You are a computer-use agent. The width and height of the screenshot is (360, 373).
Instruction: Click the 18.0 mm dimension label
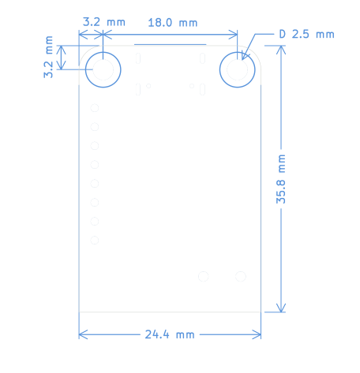[x=173, y=23]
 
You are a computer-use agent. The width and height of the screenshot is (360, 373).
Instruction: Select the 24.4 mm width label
[x=170, y=334]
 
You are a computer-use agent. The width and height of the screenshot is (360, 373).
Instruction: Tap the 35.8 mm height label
[x=281, y=179]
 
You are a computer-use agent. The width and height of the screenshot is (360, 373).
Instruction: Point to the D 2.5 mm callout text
[x=307, y=34]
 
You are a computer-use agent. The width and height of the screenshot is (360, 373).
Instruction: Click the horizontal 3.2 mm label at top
[x=104, y=22]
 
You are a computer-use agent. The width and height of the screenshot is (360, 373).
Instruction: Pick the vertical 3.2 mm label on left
[x=48, y=57]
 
